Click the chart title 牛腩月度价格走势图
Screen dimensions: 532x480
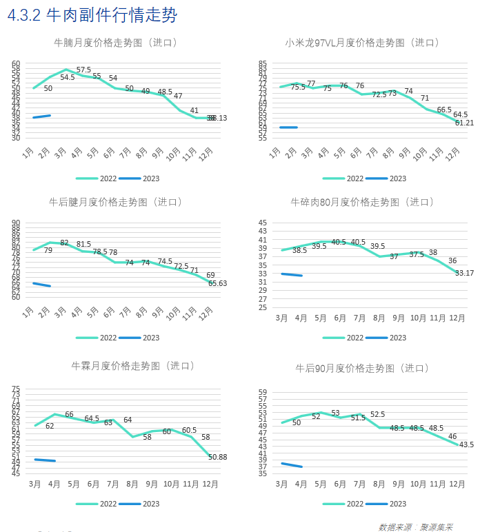(116, 43)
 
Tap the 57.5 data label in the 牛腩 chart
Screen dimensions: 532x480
(83, 70)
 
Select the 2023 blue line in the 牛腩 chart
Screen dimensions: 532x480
(41, 116)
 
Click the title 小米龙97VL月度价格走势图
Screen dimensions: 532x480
(363, 43)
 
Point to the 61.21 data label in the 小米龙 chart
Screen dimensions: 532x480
(464, 123)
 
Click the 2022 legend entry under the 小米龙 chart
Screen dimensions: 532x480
(345, 178)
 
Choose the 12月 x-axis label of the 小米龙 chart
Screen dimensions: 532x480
(453, 154)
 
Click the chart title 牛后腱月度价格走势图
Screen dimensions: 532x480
(116, 203)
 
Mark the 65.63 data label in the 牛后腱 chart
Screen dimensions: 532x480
(218, 283)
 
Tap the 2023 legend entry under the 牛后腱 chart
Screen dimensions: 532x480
(141, 338)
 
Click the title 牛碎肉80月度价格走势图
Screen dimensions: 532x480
(363, 203)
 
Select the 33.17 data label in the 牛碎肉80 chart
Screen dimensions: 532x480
(464, 274)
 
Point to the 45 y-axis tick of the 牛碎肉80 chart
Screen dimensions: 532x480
(263, 223)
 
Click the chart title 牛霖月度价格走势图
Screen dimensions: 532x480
(133, 365)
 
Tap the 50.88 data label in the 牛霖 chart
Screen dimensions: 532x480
(218, 458)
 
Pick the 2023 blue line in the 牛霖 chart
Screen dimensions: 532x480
(45, 460)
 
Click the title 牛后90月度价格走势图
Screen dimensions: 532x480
(363, 368)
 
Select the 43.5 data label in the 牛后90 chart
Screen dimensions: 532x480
(466, 444)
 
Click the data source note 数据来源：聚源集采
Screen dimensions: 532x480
(415, 526)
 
